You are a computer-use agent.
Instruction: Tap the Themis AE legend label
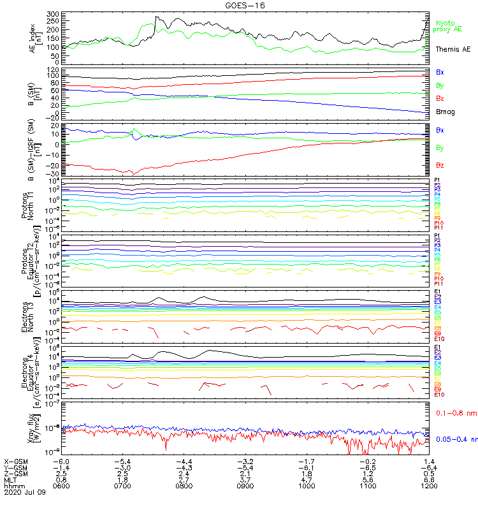click(453, 49)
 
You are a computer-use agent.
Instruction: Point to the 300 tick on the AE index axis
click(53, 13)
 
